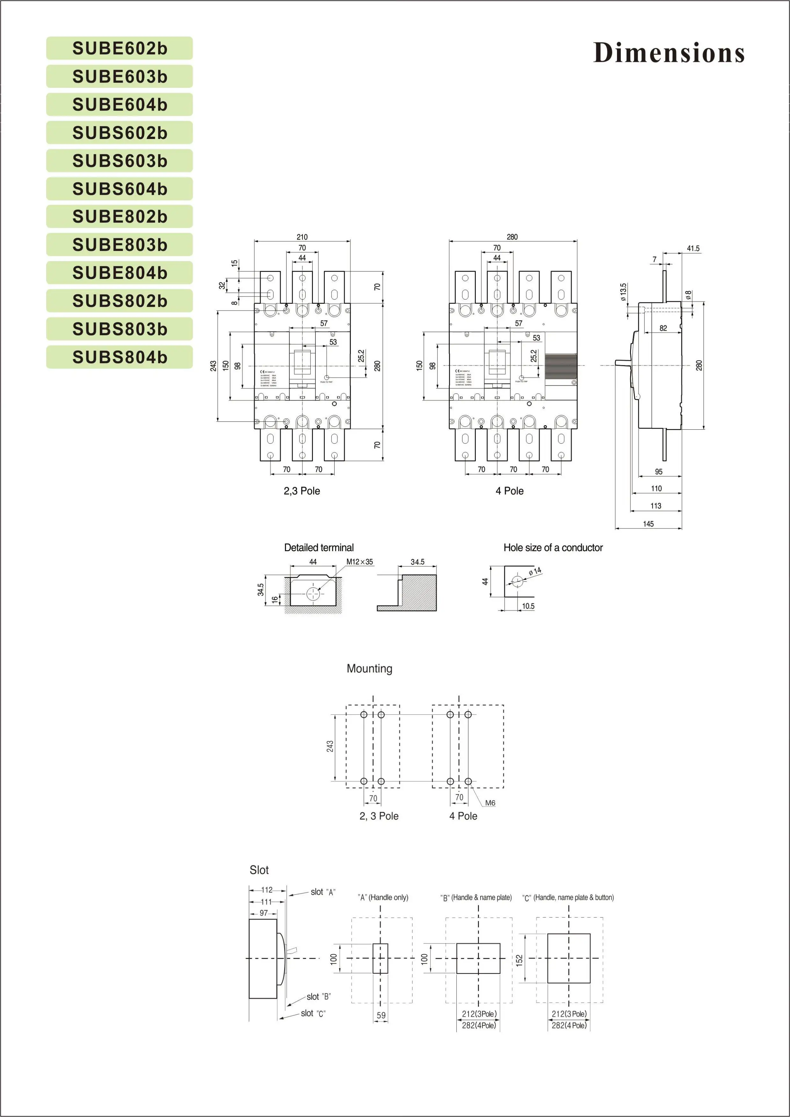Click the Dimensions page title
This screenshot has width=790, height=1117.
[x=669, y=53]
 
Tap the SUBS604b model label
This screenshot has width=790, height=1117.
[x=120, y=189]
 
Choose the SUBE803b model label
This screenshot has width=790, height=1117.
[x=120, y=245]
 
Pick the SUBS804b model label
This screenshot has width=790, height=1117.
[x=120, y=357]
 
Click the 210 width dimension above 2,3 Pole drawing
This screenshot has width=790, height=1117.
[x=302, y=237]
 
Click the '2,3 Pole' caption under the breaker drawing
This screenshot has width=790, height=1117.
[x=301, y=491]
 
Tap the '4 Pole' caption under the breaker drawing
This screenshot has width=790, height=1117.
[x=509, y=491]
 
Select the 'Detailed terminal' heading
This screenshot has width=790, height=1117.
[x=319, y=548]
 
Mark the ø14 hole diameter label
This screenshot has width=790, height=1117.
[x=535, y=572]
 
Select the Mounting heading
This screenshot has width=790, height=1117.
[x=369, y=668]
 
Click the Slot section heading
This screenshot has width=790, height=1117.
[x=259, y=870]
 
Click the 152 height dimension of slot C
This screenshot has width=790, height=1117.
[x=519, y=960]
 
